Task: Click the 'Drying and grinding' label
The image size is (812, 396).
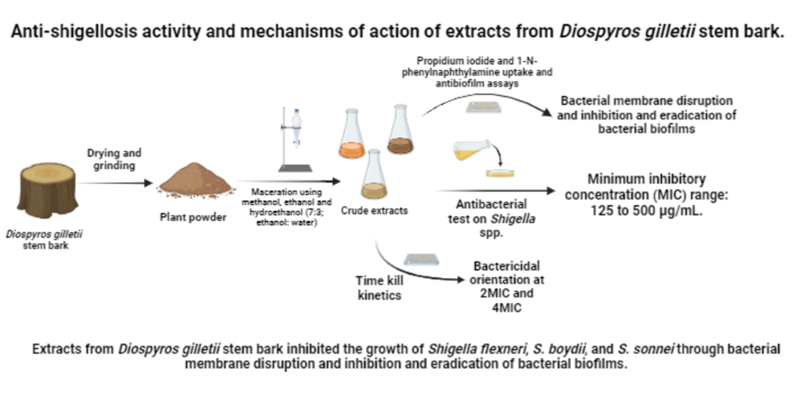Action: click(x=114, y=159)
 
